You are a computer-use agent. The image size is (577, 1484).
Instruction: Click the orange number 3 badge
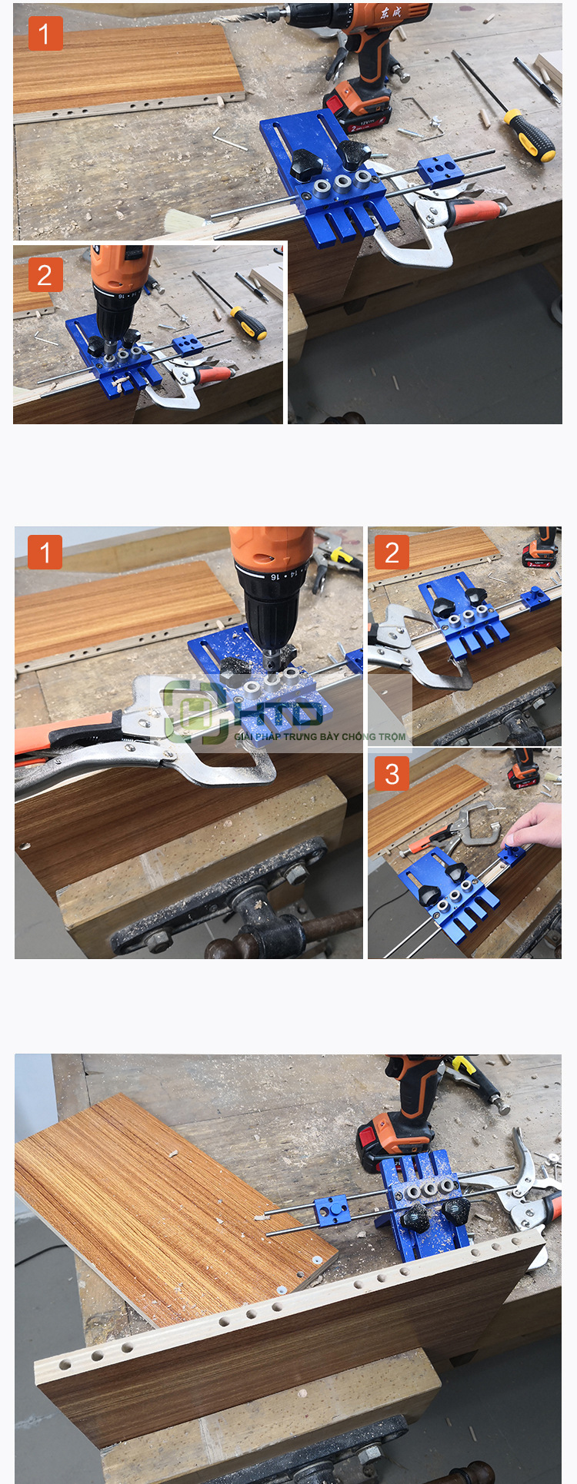[x=392, y=774]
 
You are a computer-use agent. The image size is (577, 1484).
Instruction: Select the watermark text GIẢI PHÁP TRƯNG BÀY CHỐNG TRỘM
[x=319, y=736]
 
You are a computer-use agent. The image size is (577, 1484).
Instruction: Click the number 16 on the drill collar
[x=275, y=576]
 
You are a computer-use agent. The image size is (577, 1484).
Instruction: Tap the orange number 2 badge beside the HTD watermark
[x=392, y=552]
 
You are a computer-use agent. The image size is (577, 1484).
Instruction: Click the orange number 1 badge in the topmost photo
[x=45, y=34]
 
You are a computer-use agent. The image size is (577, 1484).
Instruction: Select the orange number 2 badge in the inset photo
[x=45, y=275]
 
